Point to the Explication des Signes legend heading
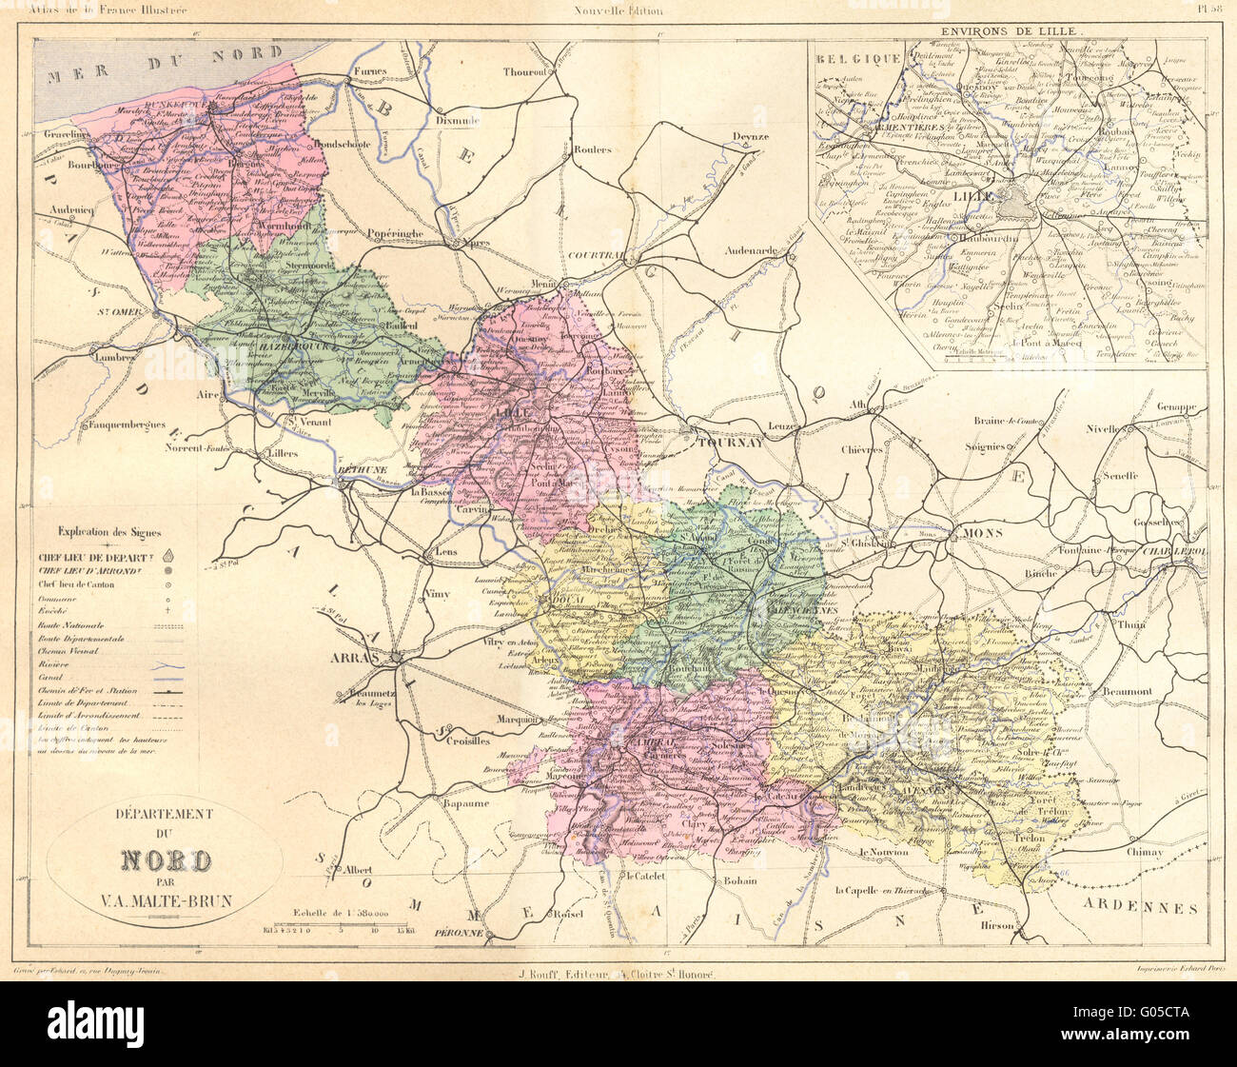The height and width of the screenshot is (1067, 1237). click(x=109, y=532)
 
